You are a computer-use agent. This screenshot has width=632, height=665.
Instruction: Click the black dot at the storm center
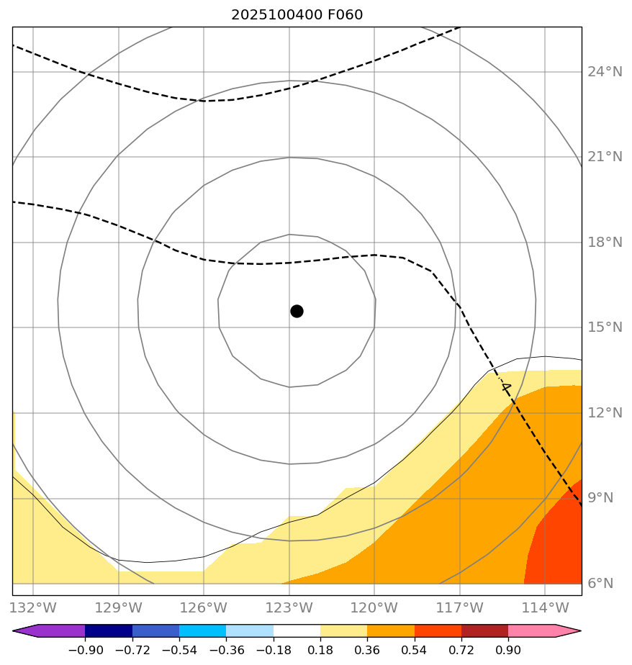click(x=297, y=311)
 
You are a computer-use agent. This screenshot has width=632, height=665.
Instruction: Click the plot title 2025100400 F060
click(x=297, y=15)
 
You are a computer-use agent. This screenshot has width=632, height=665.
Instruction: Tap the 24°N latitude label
click(x=605, y=72)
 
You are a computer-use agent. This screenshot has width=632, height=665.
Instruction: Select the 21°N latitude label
click(x=605, y=157)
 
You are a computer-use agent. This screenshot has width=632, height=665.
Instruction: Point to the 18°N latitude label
click(x=605, y=243)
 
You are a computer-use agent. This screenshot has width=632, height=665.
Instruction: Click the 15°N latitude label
click(x=605, y=327)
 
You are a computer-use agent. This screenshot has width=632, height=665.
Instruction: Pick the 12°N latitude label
click(x=605, y=413)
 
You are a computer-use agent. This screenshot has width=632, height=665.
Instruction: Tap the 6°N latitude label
click(x=601, y=584)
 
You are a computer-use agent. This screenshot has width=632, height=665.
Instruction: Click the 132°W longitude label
click(x=33, y=608)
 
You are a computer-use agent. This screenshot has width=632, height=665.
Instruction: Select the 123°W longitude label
click(x=289, y=608)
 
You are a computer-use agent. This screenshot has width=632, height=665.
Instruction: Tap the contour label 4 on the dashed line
click(x=505, y=387)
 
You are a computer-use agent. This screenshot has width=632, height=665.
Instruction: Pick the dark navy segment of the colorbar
click(x=109, y=631)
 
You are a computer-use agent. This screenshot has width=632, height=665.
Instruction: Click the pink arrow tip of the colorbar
click(x=568, y=631)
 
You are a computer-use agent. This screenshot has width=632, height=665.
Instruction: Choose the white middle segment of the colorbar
click(x=297, y=631)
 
